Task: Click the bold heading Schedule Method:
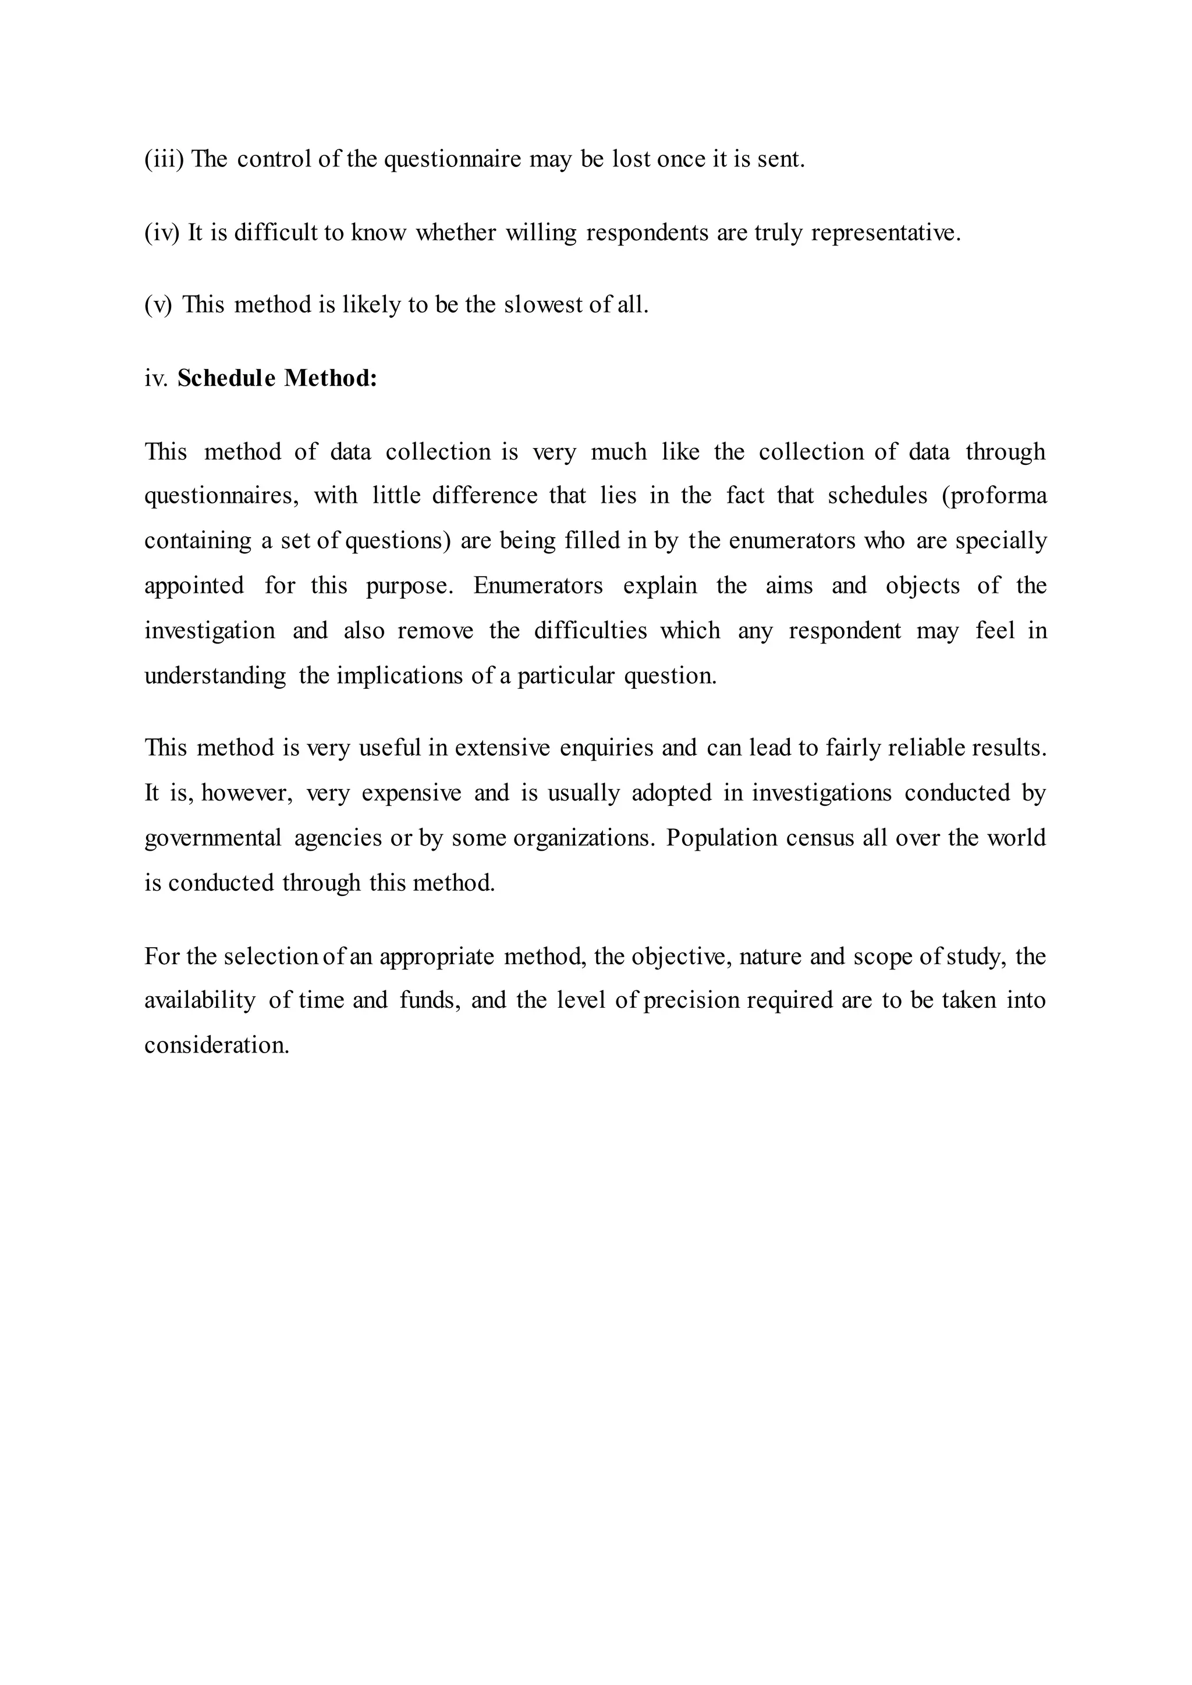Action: click(276, 378)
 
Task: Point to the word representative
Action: click(885, 233)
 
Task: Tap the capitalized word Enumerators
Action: click(537, 586)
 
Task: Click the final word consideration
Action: click(217, 1045)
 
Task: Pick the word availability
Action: click(200, 1000)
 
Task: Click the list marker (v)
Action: click(158, 304)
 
